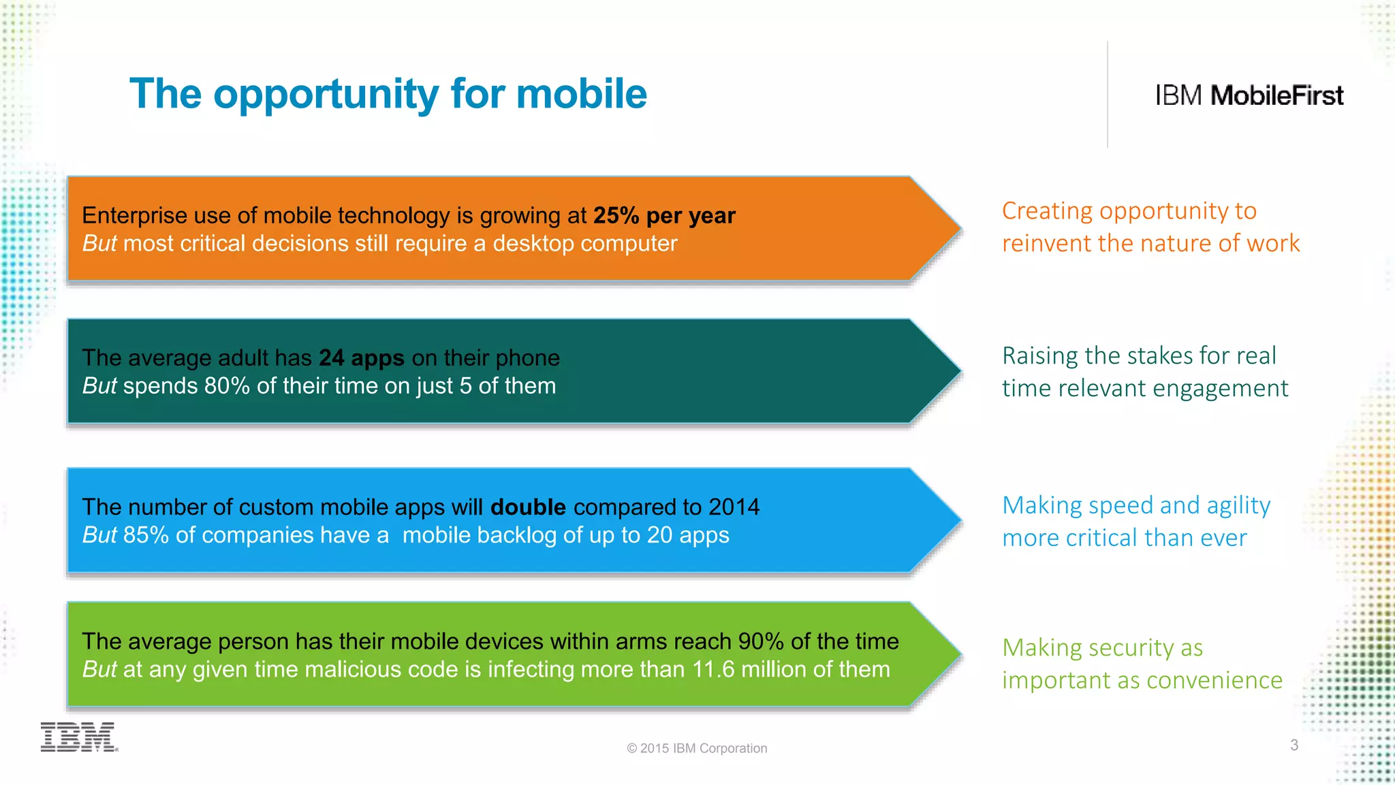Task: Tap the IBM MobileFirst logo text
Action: tap(1249, 96)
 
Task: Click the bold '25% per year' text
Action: tap(664, 216)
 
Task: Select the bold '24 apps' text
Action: tap(362, 358)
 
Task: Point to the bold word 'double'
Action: tap(528, 507)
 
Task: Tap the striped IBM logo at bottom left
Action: tap(78, 737)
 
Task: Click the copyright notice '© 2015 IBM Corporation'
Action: tap(697, 748)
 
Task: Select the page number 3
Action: tap(1294, 745)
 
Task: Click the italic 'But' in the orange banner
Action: tap(99, 244)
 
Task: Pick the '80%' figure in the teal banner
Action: tap(227, 386)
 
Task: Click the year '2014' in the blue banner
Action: tap(734, 507)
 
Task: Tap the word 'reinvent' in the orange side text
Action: tap(1045, 244)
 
